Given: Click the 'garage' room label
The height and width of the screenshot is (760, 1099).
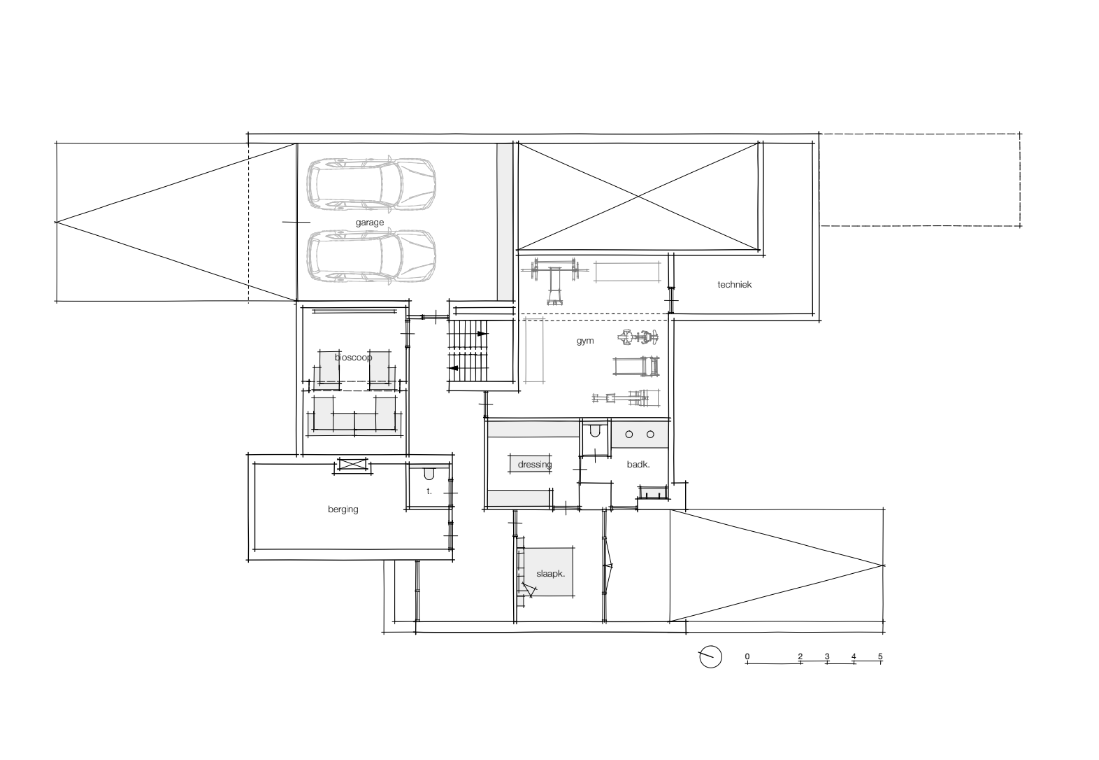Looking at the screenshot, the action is pyautogui.click(x=369, y=223).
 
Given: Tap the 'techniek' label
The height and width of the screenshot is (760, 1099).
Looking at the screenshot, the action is pyautogui.click(x=734, y=284).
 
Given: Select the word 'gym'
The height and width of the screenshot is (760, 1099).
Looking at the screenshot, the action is pyautogui.click(x=585, y=341).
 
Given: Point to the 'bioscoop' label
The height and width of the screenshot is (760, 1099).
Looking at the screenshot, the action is pyautogui.click(x=353, y=357).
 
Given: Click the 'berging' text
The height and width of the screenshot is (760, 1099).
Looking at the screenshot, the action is pyautogui.click(x=343, y=509).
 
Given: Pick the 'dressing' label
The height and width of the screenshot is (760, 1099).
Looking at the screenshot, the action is pyautogui.click(x=535, y=464).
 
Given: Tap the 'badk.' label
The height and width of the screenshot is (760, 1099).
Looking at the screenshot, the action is pyautogui.click(x=638, y=464).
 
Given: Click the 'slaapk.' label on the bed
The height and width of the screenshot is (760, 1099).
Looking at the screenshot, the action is pyautogui.click(x=550, y=573).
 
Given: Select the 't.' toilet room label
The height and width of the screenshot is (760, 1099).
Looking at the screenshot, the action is pyautogui.click(x=429, y=491).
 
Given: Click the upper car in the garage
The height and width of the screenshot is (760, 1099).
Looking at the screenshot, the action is pyautogui.click(x=371, y=185).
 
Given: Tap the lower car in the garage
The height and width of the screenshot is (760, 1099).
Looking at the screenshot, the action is pyautogui.click(x=371, y=256).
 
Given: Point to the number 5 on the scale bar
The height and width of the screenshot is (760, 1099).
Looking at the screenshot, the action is pyautogui.click(x=880, y=656).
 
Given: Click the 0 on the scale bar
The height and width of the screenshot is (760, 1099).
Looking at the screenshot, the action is pyautogui.click(x=747, y=656).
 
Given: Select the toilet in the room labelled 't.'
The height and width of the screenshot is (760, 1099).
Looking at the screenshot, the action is pyautogui.click(x=429, y=474).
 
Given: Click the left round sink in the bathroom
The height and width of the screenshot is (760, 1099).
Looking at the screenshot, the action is pyautogui.click(x=629, y=435).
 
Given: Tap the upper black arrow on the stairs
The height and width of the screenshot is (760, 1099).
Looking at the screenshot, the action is pyautogui.click(x=482, y=334).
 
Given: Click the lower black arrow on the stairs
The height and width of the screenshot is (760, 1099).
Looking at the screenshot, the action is pyautogui.click(x=454, y=368).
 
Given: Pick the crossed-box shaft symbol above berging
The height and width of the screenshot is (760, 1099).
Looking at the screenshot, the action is pyautogui.click(x=353, y=464).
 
